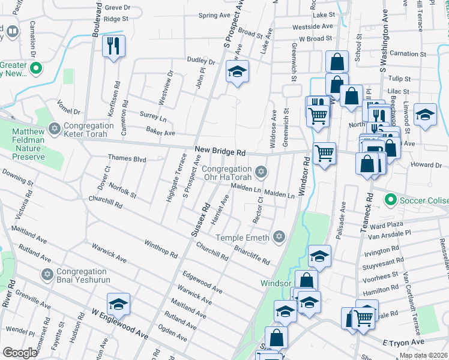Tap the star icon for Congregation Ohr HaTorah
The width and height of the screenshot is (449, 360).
pos(260,173)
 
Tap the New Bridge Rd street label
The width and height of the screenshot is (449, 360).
pos(220,153)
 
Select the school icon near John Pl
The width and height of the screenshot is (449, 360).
pos(237,72)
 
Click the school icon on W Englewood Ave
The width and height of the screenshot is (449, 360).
pos(118,304)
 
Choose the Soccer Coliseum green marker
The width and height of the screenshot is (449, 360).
pos(391,199)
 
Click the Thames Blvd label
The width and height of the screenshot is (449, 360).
pos(127,159)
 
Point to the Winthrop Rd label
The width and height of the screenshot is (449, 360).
pos(161,248)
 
